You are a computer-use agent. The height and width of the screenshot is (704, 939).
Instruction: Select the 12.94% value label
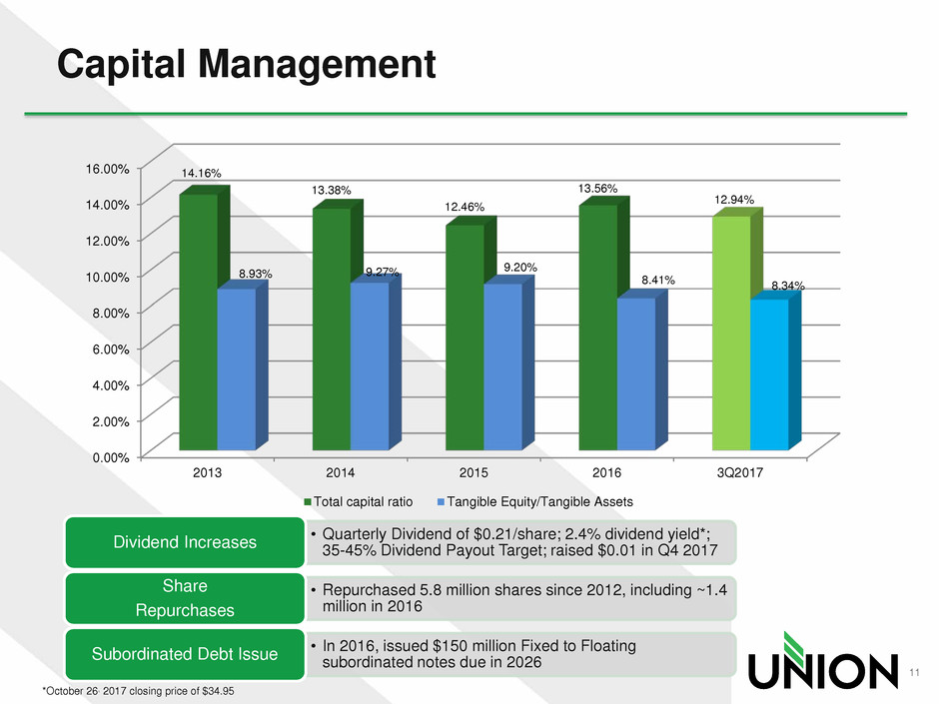click(733, 200)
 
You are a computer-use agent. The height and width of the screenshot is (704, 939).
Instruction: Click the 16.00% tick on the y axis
click(107, 168)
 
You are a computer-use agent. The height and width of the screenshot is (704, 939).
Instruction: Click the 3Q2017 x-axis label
click(740, 472)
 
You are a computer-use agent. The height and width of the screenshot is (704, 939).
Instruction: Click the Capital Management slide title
click(247, 66)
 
